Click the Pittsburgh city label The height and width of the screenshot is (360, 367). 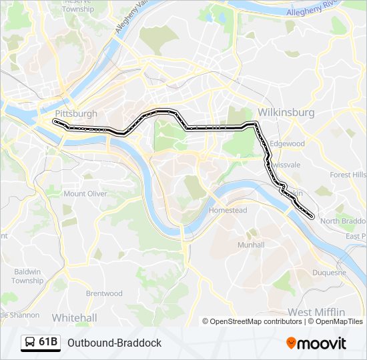point(77,113)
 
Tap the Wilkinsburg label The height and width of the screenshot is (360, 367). point(286,112)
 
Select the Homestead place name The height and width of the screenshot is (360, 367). point(228,210)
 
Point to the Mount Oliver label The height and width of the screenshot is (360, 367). point(85,194)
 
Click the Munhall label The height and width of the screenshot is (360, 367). point(251,245)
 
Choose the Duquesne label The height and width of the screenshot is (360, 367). point(329,272)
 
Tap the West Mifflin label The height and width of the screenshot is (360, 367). point(316,312)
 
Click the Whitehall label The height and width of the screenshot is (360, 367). point(74,318)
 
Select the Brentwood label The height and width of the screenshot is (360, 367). point(104,293)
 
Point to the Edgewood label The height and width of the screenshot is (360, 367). point(288,143)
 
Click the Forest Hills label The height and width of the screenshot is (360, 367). point(348,175)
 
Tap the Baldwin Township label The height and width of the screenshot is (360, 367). point(27,276)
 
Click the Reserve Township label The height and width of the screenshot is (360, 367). point(78,6)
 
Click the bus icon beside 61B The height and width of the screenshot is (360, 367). point(30,343)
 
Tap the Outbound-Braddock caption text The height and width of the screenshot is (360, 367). point(114,343)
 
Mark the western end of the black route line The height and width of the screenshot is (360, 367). point(55,122)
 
